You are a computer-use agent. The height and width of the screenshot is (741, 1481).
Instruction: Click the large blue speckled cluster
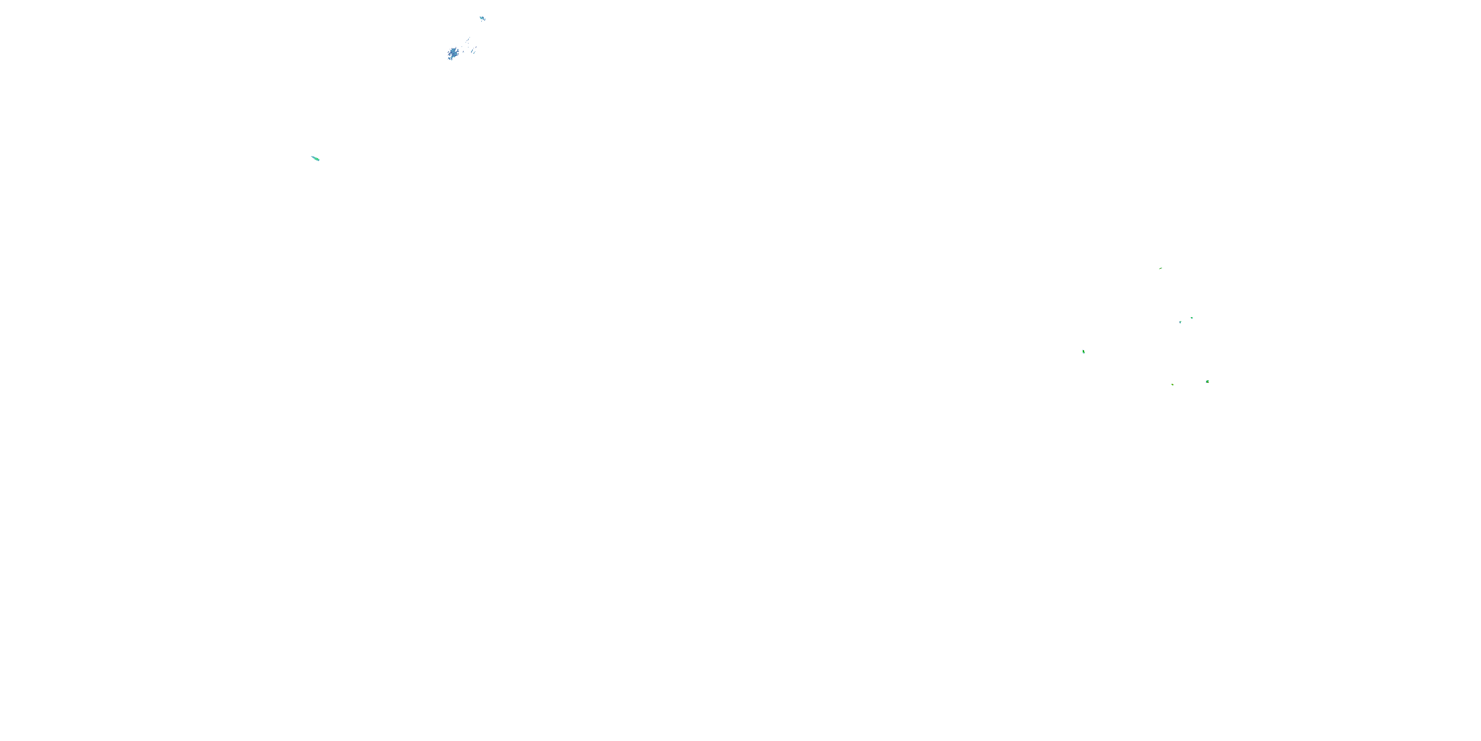[453, 53]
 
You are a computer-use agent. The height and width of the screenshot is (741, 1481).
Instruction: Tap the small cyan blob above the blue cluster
[482, 18]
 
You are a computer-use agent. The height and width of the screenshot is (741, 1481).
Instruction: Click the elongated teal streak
[315, 158]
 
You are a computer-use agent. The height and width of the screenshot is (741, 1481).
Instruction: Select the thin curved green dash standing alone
[1161, 268]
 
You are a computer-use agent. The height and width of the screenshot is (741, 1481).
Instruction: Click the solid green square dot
[1191, 318]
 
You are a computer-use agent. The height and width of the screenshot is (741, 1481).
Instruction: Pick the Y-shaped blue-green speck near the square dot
[1180, 322]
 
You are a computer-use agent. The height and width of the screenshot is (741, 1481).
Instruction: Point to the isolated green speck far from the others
[1083, 352]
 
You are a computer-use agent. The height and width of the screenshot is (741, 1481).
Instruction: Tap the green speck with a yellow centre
[1172, 384]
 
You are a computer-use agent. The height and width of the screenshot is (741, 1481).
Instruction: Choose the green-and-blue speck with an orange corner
[1208, 381]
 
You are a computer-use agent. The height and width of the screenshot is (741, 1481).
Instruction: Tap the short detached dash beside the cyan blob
[485, 20]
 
